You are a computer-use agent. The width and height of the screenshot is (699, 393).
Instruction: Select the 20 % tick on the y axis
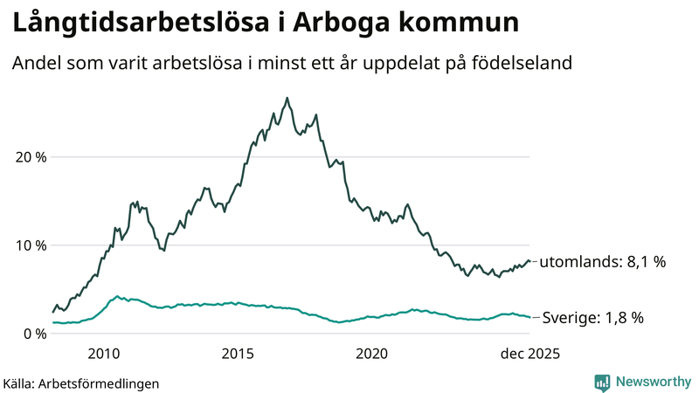(x=28, y=157)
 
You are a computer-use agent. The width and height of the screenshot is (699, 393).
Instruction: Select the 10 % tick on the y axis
(x=28, y=245)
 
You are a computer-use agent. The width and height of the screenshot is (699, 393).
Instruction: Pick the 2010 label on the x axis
(x=103, y=354)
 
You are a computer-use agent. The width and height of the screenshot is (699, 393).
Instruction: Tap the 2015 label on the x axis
(x=238, y=354)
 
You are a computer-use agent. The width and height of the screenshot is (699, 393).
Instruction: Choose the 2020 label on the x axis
(x=372, y=354)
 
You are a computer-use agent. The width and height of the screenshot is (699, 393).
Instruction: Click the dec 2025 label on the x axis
(x=528, y=354)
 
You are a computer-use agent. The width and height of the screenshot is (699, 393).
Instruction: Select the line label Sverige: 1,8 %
(x=592, y=318)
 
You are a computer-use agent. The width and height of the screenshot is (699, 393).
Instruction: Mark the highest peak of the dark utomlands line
(x=287, y=98)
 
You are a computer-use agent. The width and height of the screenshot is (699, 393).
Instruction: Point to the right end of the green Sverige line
(x=530, y=317)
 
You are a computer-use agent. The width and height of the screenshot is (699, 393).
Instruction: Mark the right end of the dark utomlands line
(x=530, y=261)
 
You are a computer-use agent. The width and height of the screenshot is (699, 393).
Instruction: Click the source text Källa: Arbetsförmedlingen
(x=81, y=383)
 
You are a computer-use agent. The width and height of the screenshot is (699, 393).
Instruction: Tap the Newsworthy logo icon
(x=602, y=382)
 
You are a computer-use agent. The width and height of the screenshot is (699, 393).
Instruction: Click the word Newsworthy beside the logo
(x=654, y=382)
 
